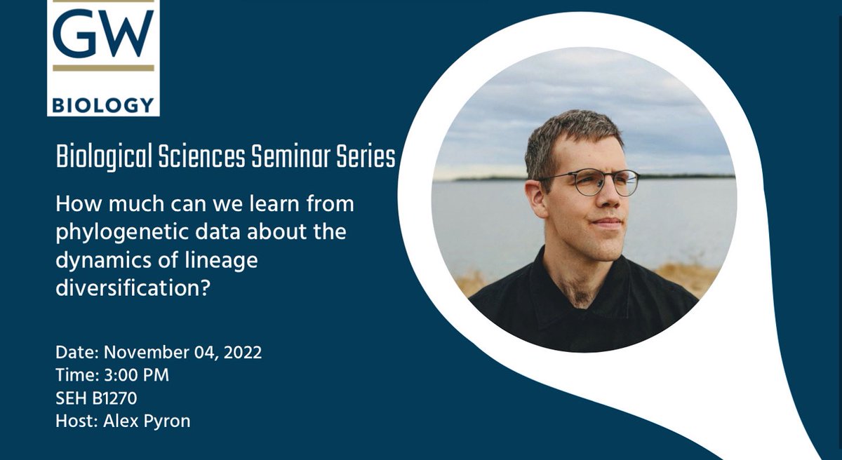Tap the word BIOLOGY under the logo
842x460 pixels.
tap(103, 105)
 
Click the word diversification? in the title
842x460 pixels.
tap(133, 288)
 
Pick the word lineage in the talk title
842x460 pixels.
tap(222, 260)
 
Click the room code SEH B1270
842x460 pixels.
tap(96, 398)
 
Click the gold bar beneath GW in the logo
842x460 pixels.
tap(103, 68)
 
